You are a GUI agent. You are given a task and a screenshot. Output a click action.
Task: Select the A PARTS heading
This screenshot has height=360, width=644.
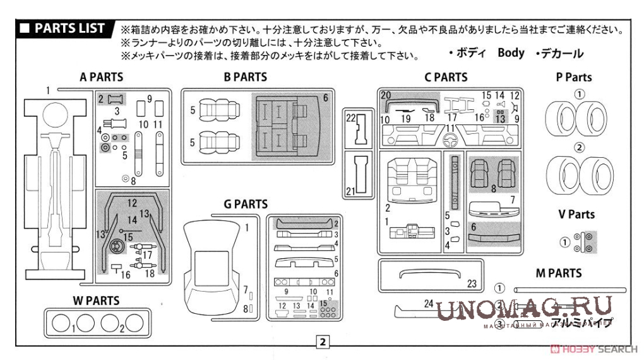(x=101, y=77)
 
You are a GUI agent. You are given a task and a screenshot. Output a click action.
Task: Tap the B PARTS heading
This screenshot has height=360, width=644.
(x=245, y=77)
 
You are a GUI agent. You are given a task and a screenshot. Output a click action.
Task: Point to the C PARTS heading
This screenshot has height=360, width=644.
(x=446, y=77)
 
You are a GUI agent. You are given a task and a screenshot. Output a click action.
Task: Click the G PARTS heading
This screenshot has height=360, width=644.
(x=245, y=204)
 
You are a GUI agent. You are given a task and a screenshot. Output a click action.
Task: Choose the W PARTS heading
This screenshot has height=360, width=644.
(x=95, y=301)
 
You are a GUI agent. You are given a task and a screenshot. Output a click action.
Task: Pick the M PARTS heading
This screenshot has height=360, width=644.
(x=558, y=273)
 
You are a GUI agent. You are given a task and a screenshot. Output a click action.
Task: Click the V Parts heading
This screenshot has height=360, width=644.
(x=576, y=214)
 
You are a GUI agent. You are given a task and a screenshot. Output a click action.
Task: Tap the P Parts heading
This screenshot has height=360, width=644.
(x=574, y=77)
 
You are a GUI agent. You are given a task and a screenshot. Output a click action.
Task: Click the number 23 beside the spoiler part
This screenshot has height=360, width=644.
(x=472, y=284)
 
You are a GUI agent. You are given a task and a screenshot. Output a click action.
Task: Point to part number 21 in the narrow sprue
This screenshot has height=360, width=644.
(x=351, y=191)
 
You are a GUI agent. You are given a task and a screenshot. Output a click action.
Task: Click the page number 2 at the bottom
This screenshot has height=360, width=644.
(x=323, y=342)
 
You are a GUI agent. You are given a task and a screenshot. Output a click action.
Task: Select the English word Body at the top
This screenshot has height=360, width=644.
(x=511, y=52)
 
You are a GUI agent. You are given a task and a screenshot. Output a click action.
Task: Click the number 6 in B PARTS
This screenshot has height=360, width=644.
(x=326, y=98)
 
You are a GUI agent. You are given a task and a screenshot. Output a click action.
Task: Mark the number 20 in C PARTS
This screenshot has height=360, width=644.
(x=386, y=96)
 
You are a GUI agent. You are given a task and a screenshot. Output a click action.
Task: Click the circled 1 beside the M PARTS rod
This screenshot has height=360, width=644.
(x=499, y=288)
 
